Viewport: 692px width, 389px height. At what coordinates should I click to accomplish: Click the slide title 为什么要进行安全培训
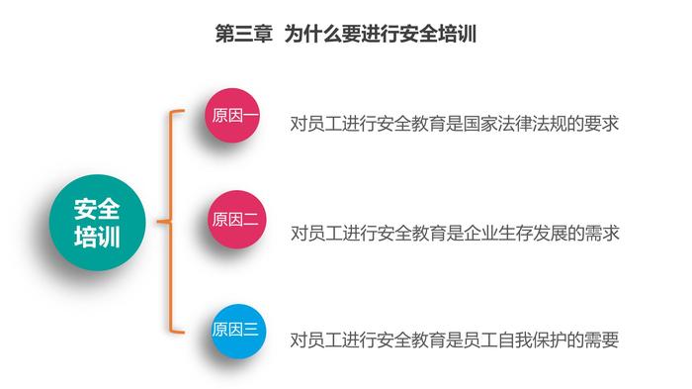pos(381,34)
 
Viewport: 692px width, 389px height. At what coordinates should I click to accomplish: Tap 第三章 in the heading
pos(243,34)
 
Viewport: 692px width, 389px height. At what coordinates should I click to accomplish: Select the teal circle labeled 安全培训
pos(97,223)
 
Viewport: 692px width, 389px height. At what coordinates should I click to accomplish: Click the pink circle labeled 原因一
pos(232,116)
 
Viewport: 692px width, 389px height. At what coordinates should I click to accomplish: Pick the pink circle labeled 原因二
pos(237,220)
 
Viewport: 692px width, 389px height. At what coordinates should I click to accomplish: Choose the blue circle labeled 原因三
pos(238,331)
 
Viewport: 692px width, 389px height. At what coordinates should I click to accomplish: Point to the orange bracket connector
pos(170,221)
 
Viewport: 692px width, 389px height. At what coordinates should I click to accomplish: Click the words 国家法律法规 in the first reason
pos(515,124)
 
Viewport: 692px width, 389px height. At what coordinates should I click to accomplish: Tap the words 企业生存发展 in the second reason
pos(515,233)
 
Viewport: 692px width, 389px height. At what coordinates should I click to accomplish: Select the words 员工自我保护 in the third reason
pos(515,340)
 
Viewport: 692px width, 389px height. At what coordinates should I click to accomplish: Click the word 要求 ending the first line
pos(601,124)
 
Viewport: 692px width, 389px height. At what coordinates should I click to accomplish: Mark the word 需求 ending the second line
pos(602,233)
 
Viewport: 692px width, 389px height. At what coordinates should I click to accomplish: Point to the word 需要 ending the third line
pos(601,340)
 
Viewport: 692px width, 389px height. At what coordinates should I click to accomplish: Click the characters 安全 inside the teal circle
pos(97,209)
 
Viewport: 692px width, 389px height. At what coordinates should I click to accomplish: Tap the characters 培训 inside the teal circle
pos(97,237)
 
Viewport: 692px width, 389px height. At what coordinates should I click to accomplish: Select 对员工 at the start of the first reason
pos(315,124)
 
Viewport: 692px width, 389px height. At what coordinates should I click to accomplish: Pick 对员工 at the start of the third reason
pos(315,340)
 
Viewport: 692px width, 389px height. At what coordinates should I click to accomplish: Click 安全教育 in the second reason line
pos(411,233)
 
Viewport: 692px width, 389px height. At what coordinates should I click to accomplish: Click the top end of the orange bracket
pos(184,111)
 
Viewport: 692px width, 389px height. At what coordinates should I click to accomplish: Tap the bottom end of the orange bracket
pos(184,332)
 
